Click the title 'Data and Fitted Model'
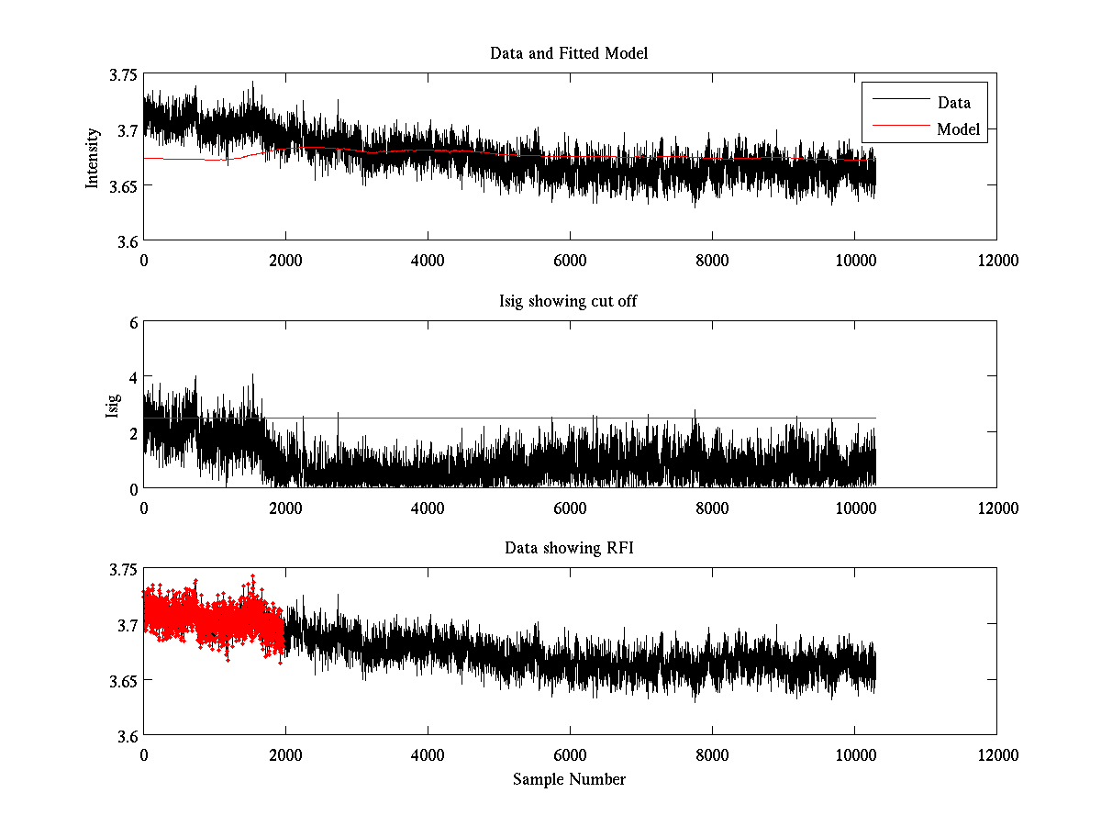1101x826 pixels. (x=569, y=53)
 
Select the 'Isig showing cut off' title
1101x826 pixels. (x=569, y=301)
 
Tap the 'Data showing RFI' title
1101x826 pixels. (x=569, y=548)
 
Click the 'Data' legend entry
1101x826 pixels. (x=953, y=103)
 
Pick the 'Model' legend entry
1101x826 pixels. (x=958, y=129)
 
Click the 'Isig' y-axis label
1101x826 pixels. (x=113, y=405)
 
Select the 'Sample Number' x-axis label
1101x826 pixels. (x=569, y=779)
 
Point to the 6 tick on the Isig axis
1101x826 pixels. (x=133, y=322)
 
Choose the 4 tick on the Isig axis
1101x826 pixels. (x=133, y=377)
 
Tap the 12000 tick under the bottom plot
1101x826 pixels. (x=996, y=754)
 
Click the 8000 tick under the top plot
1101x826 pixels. (x=712, y=260)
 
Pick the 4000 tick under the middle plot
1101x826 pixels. (x=428, y=508)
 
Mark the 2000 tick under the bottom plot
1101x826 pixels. (x=285, y=754)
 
